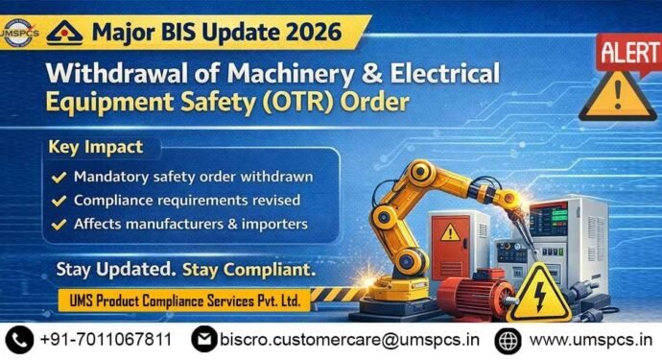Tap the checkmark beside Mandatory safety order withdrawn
[59, 177]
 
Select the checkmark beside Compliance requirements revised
[59, 201]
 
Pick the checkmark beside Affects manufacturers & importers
[59, 225]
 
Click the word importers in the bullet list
[274, 225]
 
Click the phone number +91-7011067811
[106, 339]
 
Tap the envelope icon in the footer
[203, 339]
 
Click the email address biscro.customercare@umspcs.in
[349, 339]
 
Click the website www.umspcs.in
[587, 339]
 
